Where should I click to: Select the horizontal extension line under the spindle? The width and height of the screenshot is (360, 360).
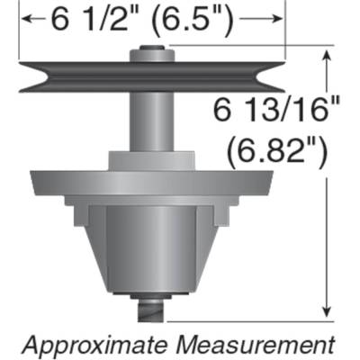click(x=243, y=319)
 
